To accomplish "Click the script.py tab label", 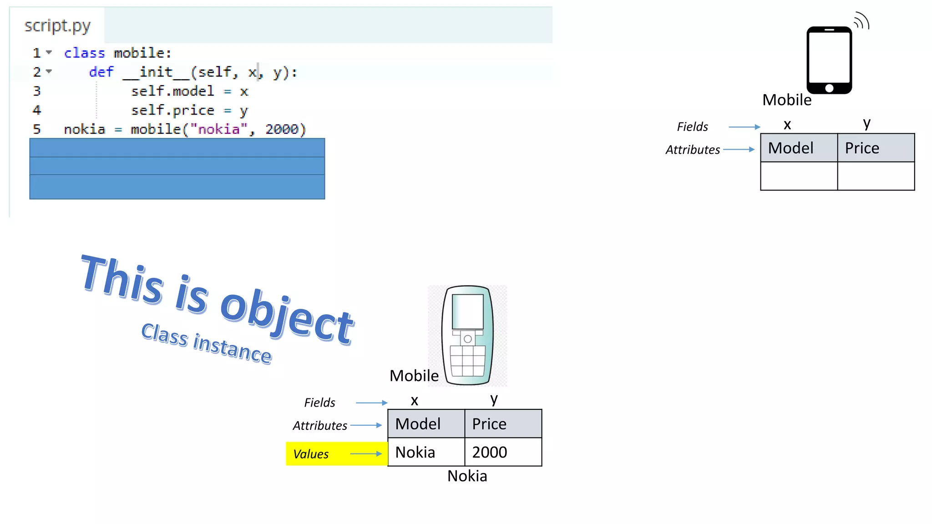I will (57, 26).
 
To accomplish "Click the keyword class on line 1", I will (84, 53).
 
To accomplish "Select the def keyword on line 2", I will (101, 72).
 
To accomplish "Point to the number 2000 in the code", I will (282, 130).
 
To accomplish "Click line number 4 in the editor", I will (37, 111).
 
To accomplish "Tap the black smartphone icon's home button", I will (829, 88).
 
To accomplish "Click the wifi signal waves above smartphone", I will (862, 21).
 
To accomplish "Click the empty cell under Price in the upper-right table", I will (876, 176).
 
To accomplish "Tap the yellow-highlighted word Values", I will (311, 454).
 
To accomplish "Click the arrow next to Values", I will (366, 453).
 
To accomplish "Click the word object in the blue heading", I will (287, 316).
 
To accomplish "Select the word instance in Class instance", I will (232, 348).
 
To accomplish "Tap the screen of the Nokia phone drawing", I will (467, 311).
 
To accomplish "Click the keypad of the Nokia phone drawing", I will (467, 361).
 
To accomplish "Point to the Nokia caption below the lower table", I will (467, 476).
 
